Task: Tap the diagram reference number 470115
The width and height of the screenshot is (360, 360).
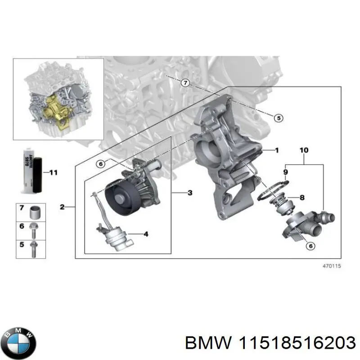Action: pyautogui.click(x=332, y=266)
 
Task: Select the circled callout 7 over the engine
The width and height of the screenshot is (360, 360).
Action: pyautogui.click(x=185, y=83)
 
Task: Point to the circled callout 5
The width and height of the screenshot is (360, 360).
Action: pyautogui.click(x=278, y=118)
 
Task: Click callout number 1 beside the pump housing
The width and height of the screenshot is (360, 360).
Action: pyautogui.click(x=277, y=150)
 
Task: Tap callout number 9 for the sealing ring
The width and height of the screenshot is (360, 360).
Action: pyautogui.click(x=285, y=171)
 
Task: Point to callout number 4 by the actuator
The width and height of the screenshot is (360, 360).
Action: pyautogui.click(x=145, y=234)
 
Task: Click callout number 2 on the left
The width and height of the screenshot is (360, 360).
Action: pyautogui.click(x=62, y=207)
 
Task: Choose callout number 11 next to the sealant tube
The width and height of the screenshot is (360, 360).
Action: pyautogui.click(x=54, y=172)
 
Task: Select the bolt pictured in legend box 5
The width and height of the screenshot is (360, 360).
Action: pyautogui.click(x=33, y=247)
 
